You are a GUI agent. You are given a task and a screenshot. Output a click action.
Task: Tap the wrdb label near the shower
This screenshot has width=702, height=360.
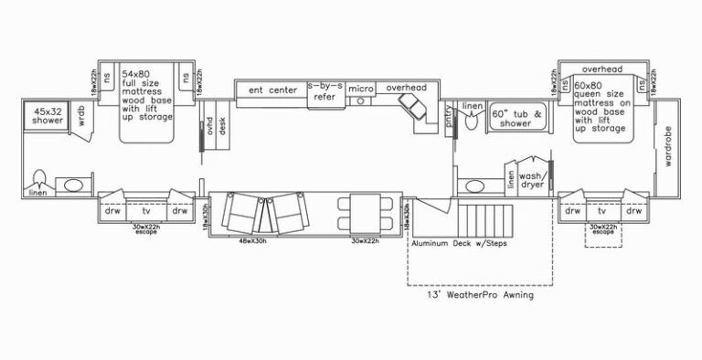click(81, 117)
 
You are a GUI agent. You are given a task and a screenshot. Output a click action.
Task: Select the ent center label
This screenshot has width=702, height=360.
click(272, 90)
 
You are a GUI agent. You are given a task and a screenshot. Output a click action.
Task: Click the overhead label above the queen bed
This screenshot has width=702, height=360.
click(601, 69)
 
